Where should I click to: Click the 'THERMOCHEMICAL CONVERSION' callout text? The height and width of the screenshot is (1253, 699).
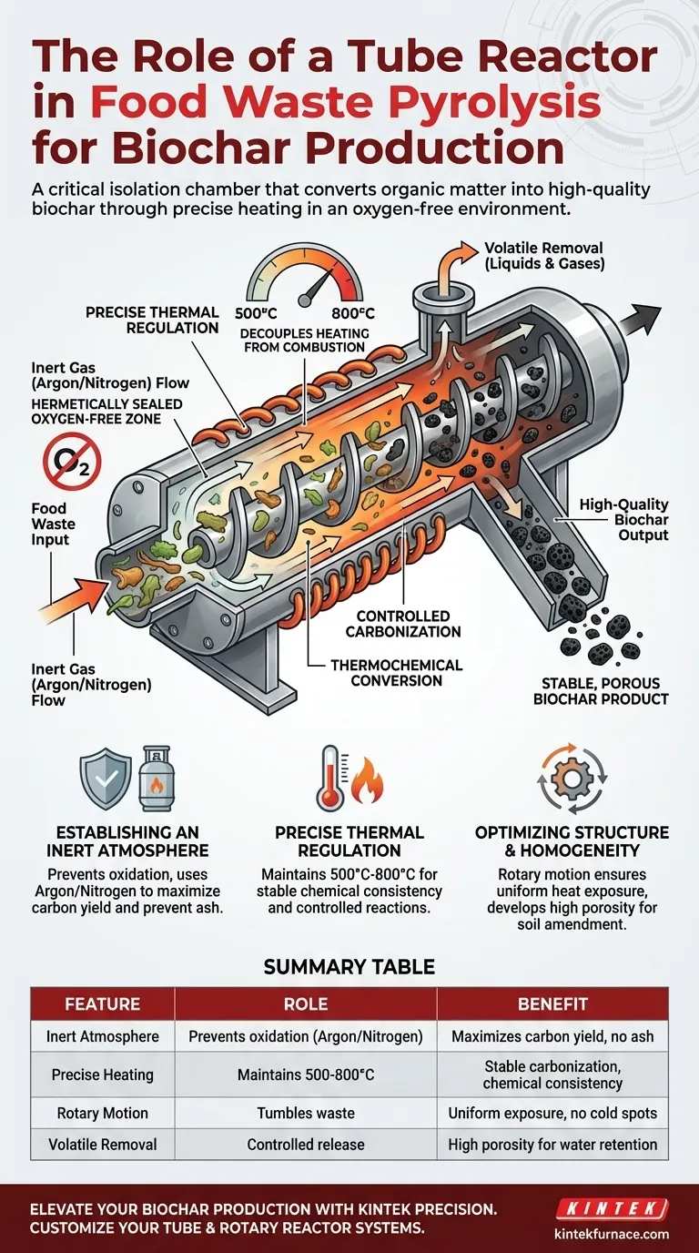396,672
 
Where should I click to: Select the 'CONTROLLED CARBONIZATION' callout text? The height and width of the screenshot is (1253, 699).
409,624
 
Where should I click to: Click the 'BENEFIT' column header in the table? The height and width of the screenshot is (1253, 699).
552,1004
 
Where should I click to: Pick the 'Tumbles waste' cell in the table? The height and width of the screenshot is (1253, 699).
306,1113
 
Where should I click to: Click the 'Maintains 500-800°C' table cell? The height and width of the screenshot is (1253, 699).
306,1075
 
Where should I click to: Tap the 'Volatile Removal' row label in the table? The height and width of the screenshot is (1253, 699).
103,1145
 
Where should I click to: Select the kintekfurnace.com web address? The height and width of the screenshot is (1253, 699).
612,1234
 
